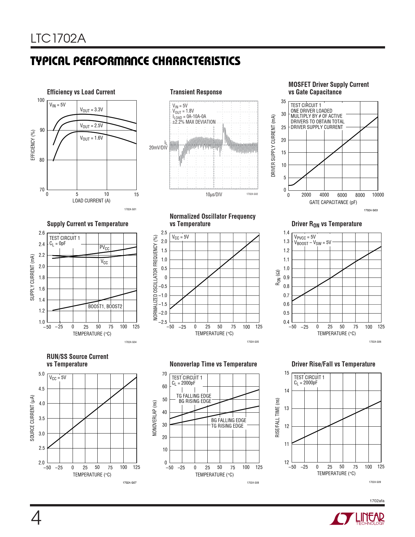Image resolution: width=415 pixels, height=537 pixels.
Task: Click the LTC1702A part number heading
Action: coord(58,39)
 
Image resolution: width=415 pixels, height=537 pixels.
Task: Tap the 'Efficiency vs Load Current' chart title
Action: coord(81,92)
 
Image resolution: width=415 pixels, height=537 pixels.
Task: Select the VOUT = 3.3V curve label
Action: coord(91,110)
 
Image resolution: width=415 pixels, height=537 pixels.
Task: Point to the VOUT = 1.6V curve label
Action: coord(91,138)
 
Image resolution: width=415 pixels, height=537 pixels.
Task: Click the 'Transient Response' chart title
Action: coord(196,92)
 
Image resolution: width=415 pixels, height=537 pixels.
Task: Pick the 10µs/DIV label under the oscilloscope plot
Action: coord(214,195)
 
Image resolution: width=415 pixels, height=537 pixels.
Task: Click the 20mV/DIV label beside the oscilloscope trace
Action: coord(158,148)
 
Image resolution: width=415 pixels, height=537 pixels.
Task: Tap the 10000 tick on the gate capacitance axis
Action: coord(378,195)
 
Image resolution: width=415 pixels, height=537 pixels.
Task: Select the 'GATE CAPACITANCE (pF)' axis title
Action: coord(333,202)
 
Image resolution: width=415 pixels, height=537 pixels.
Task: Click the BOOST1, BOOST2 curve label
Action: coord(105,307)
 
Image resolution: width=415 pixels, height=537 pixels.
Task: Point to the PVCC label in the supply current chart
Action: coord(104,248)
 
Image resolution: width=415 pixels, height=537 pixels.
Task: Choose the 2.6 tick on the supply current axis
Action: coord(42,233)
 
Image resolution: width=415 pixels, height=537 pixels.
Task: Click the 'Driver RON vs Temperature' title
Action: coord(326,224)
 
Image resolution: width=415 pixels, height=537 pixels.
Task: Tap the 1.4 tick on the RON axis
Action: coord(286,233)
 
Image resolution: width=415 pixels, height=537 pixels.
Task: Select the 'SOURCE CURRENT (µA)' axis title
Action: coord(32,418)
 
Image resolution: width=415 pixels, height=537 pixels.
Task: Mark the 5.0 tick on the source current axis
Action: coord(42,374)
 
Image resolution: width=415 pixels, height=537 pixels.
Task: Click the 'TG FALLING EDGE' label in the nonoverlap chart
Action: coord(194,396)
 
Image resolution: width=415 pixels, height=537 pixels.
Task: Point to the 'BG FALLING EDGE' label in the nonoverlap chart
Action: coord(228,420)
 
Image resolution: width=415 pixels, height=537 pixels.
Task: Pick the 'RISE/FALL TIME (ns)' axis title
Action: coord(277,417)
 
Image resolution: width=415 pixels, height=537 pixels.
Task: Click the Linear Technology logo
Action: coord(357,519)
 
